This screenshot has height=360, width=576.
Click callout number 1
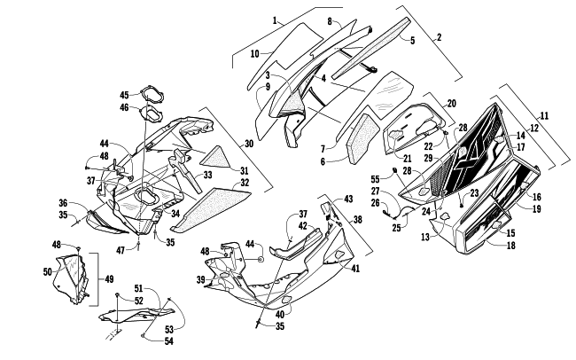click(251, 20)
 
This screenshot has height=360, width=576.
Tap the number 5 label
click(412, 40)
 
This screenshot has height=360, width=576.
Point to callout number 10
click(255, 54)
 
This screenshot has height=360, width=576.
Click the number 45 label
click(125, 95)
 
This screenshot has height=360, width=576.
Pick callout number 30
click(249, 144)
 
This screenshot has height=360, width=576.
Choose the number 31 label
click(245, 171)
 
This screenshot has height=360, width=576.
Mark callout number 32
click(244, 184)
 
